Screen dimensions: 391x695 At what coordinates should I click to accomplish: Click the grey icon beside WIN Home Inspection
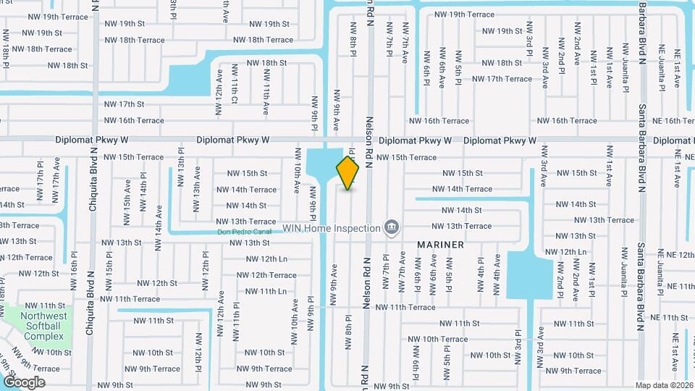pos(391,228)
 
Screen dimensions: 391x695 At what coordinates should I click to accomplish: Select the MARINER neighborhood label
pos(440,245)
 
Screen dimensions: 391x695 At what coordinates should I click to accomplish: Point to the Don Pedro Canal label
pos(245,232)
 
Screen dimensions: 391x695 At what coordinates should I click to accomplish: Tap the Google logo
pos(24,382)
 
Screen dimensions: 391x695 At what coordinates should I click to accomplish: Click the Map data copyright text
pos(665,385)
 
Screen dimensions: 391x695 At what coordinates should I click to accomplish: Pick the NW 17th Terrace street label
pos(502,79)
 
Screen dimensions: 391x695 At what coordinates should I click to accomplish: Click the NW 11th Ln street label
pos(266,291)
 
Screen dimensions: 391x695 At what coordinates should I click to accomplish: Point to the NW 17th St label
pos(121,104)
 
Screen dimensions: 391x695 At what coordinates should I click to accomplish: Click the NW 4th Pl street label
pos(481,274)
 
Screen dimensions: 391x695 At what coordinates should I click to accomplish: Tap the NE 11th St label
pos(669,318)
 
